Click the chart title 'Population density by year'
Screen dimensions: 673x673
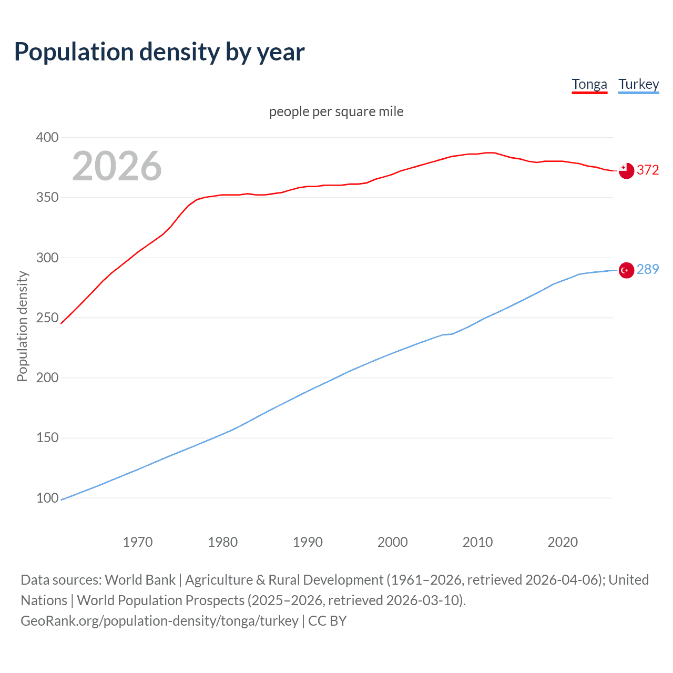[159, 52]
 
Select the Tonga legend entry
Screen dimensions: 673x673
[589, 84]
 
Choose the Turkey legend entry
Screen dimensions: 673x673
[638, 84]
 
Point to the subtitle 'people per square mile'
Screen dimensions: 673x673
[336, 111]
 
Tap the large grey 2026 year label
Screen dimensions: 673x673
[117, 166]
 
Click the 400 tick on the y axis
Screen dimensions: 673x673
[47, 137]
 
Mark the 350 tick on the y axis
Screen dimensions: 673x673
[47, 198]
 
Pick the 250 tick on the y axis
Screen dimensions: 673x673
[47, 318]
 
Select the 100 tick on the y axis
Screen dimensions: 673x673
[47, 498]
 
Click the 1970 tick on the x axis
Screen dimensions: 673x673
[138, 542]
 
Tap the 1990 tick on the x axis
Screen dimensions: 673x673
[308, 542]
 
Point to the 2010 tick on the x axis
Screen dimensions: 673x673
[477, 542]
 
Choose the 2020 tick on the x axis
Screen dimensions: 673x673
[563, 542]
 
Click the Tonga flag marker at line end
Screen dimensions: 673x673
[626, 170]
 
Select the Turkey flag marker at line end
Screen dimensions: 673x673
[626, 270]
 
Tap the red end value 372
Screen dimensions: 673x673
[648, 170]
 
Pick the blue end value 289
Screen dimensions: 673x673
[648, 269]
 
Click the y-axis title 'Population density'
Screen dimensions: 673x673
[22, 326]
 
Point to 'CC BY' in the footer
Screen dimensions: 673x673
[327, 621]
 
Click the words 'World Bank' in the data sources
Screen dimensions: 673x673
[140, 580]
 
